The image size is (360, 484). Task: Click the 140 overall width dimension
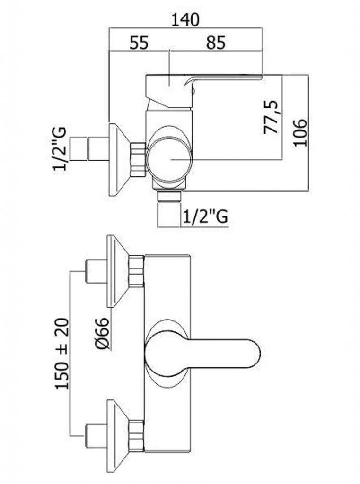(x=185, y=20)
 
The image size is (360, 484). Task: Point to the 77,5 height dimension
(x=272, y=117)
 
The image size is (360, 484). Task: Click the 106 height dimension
(x=300, y=132)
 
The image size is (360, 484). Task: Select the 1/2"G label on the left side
(x=60, y=149)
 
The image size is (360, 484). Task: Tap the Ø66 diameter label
(x=102, y=334)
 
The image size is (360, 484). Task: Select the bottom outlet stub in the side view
(x=169, y=210)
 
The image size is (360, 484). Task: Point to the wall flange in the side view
(x=119, y=160)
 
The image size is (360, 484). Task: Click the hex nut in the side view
(x=138, y=160)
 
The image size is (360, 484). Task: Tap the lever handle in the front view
(x=203, y=353)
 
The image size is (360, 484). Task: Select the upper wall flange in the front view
(x=118, y=272)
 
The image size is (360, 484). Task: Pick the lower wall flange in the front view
(x=118, y=436)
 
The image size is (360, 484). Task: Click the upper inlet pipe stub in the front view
(x=96, y=272)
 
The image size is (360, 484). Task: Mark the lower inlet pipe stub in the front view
(x=96, y=436)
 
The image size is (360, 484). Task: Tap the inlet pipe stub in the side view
(x=89, y=149)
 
